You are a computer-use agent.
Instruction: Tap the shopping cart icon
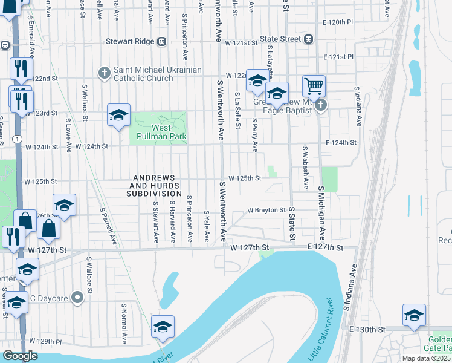tap(314, 87)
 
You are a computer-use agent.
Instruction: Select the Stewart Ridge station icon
tap(161, 41)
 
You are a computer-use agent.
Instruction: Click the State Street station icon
tap(309, 39)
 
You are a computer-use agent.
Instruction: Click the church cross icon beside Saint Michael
tap(105, 74)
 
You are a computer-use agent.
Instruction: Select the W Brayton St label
tap(266, 211)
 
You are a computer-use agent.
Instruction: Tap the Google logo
tap(20, 356)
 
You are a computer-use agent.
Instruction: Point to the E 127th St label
tap(325, 248)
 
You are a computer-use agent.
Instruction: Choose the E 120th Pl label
tap(338, 22)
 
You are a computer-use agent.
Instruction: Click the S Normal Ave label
tap(124, 324)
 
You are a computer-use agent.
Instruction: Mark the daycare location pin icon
tap(77, 297)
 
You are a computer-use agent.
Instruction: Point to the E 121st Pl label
tap(338, 57)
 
